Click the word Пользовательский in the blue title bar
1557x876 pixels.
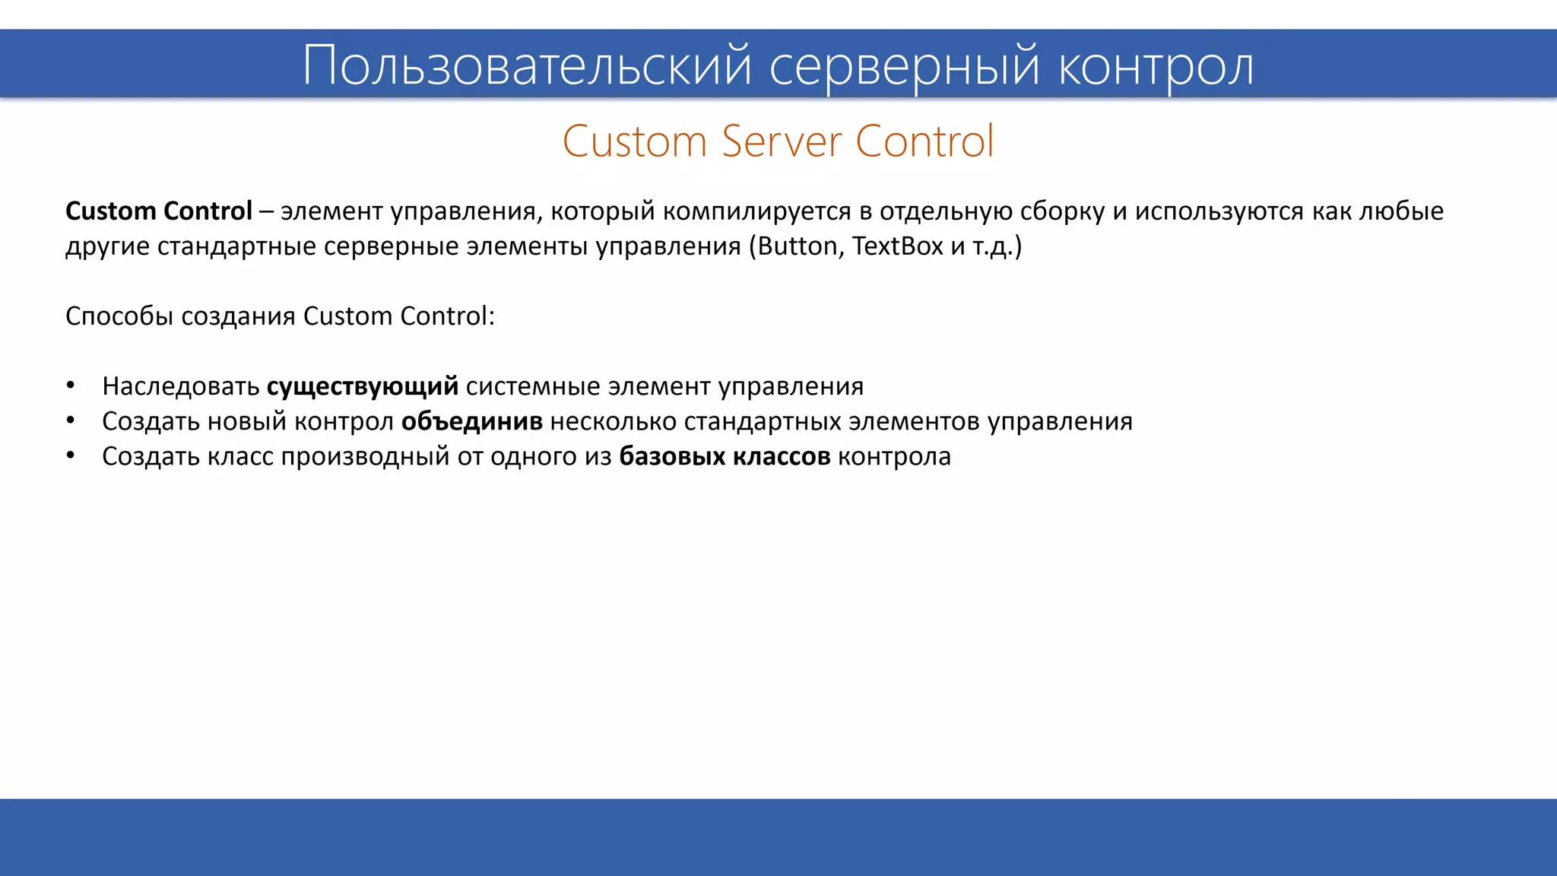coord(526,65)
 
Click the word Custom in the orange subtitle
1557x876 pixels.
coord(635,141)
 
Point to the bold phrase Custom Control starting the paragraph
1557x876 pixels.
coord(158,211)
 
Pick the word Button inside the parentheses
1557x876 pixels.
coord(797,246)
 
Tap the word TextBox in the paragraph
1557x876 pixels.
coord(897,246)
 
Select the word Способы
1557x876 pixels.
coord(119,316)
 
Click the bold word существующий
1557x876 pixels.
coord(362,386)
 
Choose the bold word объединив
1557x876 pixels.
coord(471,421)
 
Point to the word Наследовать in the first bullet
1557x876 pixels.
coord(181,386)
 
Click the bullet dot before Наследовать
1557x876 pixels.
coord(71,386)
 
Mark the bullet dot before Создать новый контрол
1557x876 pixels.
coord(71,421)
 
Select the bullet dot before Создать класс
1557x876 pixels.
coord(71,455)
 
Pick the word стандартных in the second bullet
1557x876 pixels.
coord(763,421)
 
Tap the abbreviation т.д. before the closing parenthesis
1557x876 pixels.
coord(992,246)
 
